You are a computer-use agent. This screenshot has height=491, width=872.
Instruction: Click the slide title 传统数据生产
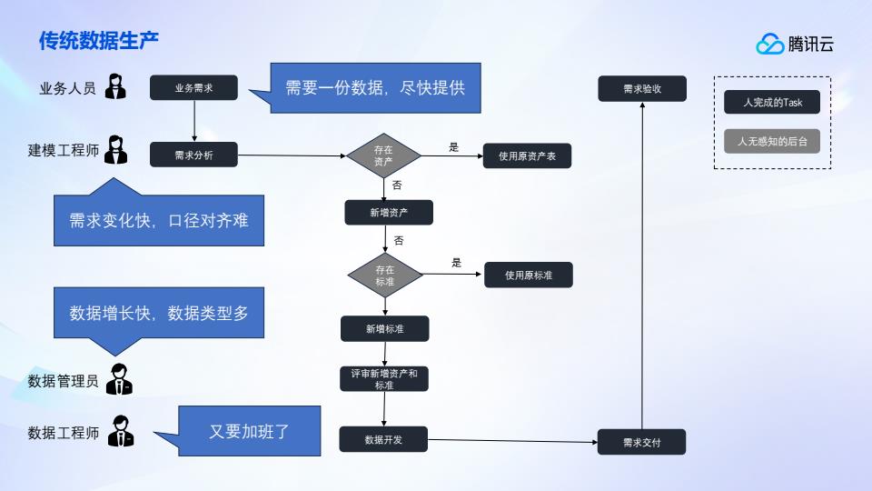coord(99,41)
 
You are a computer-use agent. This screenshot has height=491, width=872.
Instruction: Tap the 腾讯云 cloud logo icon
coord(770,44)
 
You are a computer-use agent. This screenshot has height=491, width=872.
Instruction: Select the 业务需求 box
coord(193,88)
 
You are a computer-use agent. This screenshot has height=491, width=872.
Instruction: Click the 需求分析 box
coord(193,155)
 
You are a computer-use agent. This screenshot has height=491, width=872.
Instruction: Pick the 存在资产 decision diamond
coord(384,155)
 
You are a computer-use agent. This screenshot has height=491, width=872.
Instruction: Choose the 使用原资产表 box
coord(527,156)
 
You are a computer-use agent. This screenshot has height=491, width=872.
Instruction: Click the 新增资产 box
coord(389,213)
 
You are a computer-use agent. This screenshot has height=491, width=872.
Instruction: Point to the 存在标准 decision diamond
coord(385,276)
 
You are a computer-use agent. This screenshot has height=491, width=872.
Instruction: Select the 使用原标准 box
coord(528,276)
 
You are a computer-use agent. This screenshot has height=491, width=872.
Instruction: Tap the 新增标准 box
coord(384,328)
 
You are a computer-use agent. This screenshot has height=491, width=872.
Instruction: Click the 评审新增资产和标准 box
coord(384,379)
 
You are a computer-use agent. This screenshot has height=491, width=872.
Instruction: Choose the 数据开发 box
coord(383,439)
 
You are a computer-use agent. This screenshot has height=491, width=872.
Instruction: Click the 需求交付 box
coord(641,442)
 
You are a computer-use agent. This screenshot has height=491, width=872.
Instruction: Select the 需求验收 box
coord(641,89)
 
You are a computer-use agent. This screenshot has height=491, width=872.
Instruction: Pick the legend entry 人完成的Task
coord(772,103)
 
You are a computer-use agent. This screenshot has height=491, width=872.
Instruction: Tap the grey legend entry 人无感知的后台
coord(772,142)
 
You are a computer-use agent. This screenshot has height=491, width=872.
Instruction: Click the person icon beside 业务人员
coord(116,87)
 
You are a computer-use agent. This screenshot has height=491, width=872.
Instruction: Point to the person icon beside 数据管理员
coord(119,380)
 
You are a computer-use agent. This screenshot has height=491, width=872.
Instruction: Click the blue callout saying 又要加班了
coord(250,431)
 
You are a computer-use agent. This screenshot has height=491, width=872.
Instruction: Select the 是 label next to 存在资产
coord(454,147)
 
